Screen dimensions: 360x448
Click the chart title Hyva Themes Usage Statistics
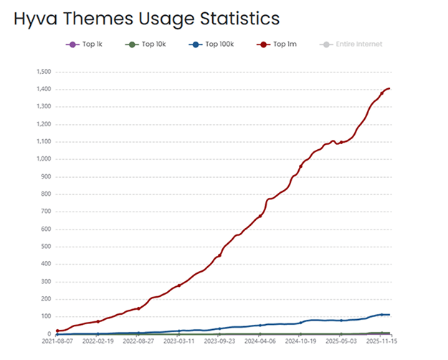pos(146,18)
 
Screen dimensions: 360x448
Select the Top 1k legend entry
pos(85,44)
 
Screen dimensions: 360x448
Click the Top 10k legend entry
pos(146,44)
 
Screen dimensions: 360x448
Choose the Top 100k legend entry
pos(213,44)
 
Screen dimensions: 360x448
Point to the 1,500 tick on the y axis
pos(42,72)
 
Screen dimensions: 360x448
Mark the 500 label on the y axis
pos(45,247)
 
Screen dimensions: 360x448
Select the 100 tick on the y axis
pos(45,316)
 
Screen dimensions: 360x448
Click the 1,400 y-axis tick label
pos(42,89)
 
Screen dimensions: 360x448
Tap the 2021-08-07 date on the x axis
pos(57,341)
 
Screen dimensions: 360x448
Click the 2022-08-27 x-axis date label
pos(138,341)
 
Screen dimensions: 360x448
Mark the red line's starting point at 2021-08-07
pos(57,331)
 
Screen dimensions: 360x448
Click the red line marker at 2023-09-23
pos(219,255)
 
